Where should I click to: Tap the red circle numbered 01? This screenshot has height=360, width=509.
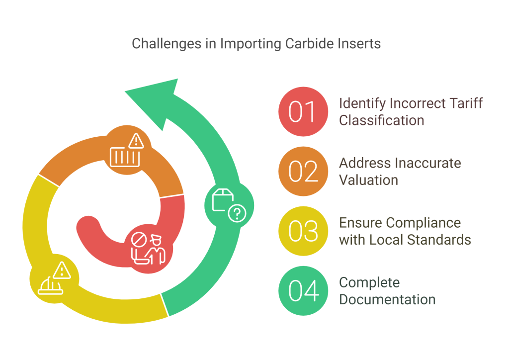pos(303,111)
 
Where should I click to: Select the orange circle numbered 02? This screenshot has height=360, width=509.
pos(303,171)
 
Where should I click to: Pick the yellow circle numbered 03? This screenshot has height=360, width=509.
pos(303,231)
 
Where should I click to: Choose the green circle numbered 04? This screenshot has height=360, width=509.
pos(303,290)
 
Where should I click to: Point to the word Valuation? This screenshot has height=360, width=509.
pos(368,180)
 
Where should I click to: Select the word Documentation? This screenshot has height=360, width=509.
pos(387,300)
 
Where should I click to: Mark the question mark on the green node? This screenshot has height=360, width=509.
pos(237,213)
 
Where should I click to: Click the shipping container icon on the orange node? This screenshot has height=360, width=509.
pos(125,157)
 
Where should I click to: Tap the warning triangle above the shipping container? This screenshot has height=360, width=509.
pos(136,141)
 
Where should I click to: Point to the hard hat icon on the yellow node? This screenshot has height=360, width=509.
pos(50,285)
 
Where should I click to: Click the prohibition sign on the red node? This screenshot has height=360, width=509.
pos(139,240)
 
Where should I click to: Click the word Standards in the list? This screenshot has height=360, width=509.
pos(439,240)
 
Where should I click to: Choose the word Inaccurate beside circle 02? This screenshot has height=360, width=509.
pos(424,163)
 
